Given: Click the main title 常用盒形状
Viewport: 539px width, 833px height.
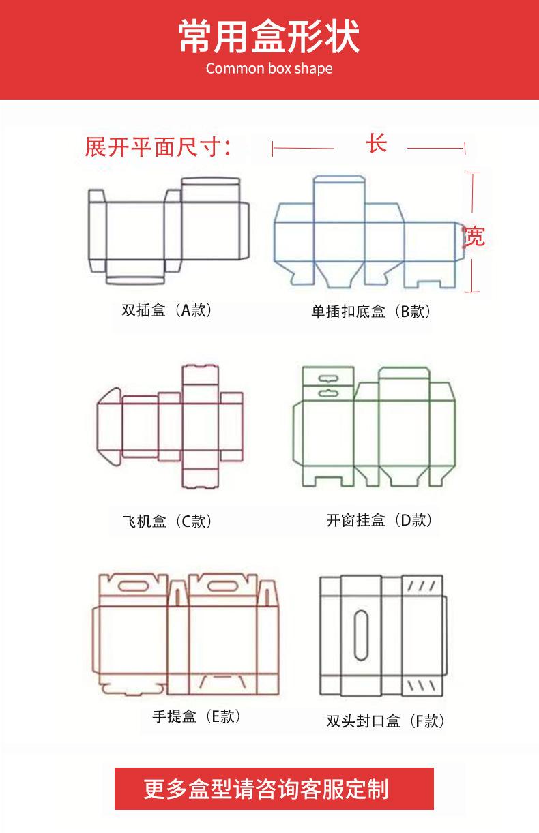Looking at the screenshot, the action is (269, 36).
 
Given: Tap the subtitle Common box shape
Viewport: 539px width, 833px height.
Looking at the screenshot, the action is (269, 68).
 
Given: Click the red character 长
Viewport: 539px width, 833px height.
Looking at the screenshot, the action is (377, 144).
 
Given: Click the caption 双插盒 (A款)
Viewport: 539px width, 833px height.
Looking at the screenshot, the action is (166, 309).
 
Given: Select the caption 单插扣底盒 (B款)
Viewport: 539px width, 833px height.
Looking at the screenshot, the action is (370, 311).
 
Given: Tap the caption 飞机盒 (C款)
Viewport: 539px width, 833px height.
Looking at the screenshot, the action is (166, 521).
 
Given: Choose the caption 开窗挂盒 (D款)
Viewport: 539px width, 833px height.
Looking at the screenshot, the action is (379, 520).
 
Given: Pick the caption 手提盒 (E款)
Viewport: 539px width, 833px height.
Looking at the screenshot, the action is (196, 716).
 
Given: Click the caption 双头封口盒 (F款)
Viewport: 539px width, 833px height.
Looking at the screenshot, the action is (385, 721).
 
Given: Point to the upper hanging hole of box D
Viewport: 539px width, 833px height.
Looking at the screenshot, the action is (328, 378).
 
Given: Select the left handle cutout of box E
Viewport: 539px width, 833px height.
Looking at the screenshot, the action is (134, 586).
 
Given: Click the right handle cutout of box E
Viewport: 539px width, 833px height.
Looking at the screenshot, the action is (223, 586).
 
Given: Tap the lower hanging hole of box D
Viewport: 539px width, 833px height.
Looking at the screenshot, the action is (328, 392).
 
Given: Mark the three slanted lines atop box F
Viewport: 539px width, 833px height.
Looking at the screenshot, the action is (422, 586).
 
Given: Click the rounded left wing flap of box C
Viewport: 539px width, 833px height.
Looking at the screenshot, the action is (109, 427).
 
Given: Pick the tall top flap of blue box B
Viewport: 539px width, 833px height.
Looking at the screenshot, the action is (339, 199).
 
